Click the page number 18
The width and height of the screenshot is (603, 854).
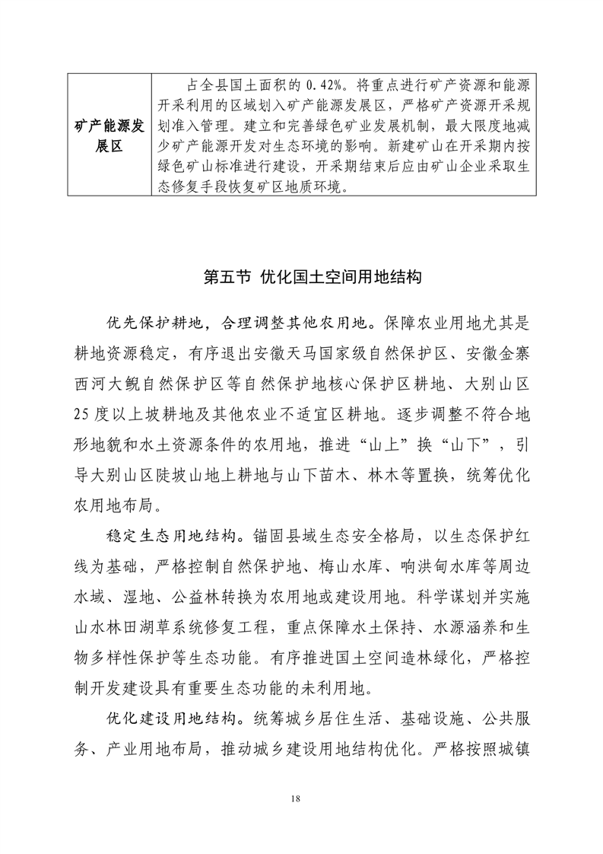301,798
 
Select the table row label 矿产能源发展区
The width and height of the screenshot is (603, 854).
109,135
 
